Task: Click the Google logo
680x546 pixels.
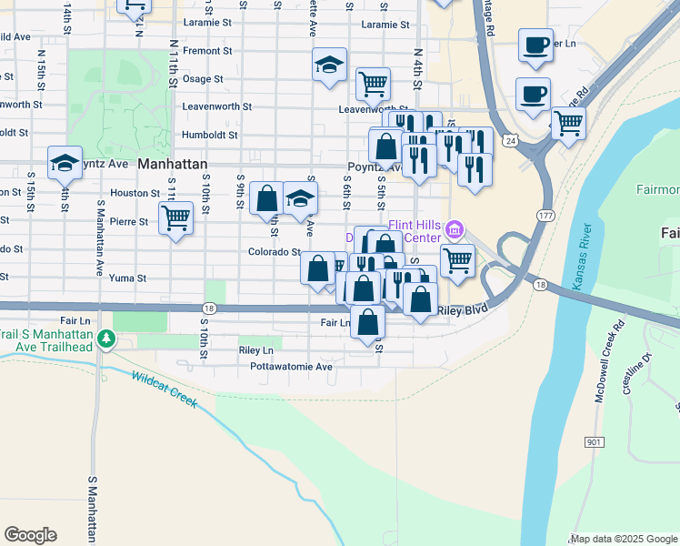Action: pos(30,535)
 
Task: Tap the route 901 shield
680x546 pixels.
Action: pos(595,441)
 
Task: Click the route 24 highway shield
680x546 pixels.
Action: pos(513,141)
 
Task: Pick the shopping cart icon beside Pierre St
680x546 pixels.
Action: pos(175,217)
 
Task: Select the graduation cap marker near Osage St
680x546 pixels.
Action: pos(329,65)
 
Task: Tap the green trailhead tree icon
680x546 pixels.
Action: pos(107,339)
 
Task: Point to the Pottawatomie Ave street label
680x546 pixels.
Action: pos(292,367)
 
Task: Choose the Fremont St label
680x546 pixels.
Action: pos(207,51)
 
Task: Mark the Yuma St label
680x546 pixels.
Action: pos(127,278)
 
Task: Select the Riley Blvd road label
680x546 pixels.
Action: pos(462,310)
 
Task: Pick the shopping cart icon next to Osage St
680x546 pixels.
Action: pos(373,84)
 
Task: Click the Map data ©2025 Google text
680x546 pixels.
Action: pos(624,539)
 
